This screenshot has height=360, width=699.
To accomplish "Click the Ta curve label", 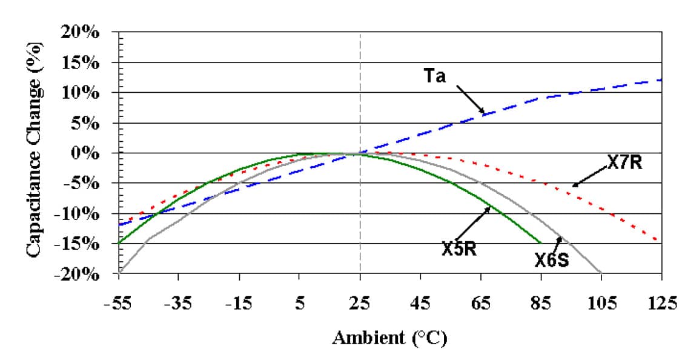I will (x=435, y=78).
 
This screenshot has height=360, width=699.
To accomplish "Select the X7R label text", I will (x=624, y=162).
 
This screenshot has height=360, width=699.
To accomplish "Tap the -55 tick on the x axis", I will (x=119, y=302).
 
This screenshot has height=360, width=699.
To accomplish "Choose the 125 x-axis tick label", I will (x=661, y=302).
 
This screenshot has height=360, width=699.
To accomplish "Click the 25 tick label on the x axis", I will (x=360, y=302).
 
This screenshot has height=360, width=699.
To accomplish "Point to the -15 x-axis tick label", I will (x=239, y=302).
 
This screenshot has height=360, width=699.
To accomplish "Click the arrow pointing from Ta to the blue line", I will (x=471, y=99).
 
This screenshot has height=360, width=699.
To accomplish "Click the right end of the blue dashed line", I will (x=659, y=80).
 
